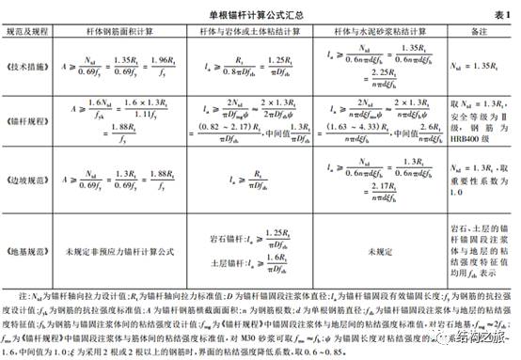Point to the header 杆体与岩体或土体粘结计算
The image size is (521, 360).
257,31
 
